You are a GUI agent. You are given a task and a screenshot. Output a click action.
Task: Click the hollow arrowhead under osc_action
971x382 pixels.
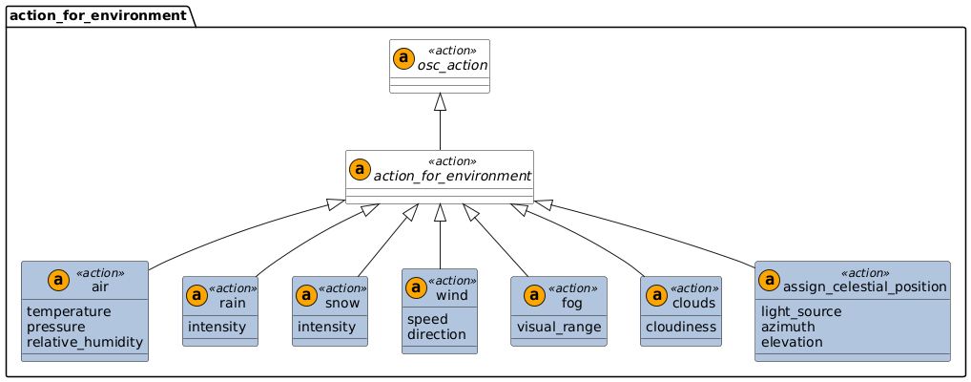[x=440, y=101]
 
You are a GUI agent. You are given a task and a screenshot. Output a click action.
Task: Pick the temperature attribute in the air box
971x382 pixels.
[x=69, y=311]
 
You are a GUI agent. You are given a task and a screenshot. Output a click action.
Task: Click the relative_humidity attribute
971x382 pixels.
[x=85, y=342]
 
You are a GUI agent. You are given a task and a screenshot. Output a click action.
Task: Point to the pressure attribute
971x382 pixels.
[x=58, y=327]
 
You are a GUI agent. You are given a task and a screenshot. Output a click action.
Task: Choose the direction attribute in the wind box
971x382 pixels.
[x=437, y=335]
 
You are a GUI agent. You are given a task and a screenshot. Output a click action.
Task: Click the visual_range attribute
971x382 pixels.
[x=559, y=327]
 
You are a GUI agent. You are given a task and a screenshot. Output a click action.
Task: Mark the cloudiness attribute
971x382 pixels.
[x=681, y=327]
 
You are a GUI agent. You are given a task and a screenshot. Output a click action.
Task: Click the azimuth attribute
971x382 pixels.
[x=790, y=327]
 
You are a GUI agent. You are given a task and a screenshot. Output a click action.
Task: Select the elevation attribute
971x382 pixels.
[x=794, y=342]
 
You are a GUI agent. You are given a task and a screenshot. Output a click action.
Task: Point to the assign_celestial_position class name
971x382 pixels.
[x=865, y=287]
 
